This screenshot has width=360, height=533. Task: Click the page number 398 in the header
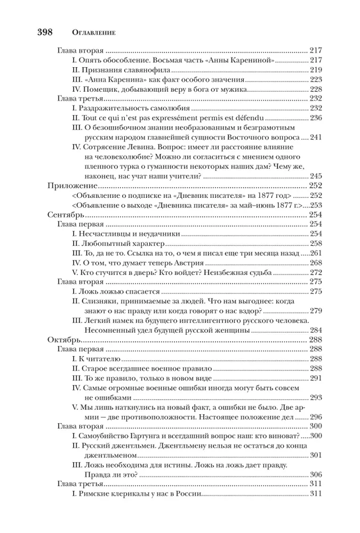tap(44, 31)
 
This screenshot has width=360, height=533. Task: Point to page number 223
tap(316, 79)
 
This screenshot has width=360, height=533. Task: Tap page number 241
tap(316, 137)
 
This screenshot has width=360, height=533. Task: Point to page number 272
tap(316, 272)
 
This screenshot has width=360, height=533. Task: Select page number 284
tap(316, 330)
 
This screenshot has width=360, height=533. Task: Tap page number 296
tap(316, 416)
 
